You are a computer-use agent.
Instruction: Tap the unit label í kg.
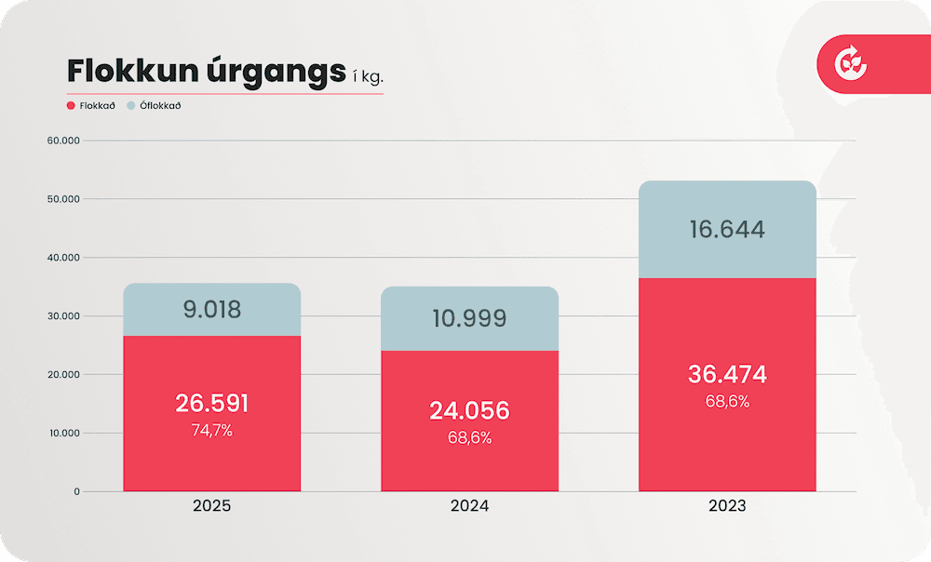pos(368,77)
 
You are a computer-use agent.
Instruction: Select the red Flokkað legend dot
pos(71,106)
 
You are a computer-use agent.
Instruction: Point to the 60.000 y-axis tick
pos(62,140)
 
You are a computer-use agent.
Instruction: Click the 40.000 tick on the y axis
pos(62,258)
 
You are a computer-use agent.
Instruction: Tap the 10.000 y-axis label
pos(62,433)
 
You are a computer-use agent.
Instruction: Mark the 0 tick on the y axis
pos(77,491)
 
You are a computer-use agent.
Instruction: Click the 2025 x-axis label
pos(211,507)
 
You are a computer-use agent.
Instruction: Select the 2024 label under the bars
pos(469,507)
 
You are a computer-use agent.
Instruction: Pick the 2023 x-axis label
pos(727,507)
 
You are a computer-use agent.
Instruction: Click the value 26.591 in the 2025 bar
pos(212,404)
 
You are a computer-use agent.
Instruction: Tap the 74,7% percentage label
pos(212,431)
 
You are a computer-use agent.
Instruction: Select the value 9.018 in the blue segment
pos(212,309)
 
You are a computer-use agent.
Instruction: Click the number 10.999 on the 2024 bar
pos(469,319)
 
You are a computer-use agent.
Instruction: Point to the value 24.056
pos(469,410)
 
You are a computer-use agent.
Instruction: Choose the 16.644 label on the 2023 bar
pos(727,230)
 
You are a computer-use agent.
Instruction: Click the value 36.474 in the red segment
pos(727,375)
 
